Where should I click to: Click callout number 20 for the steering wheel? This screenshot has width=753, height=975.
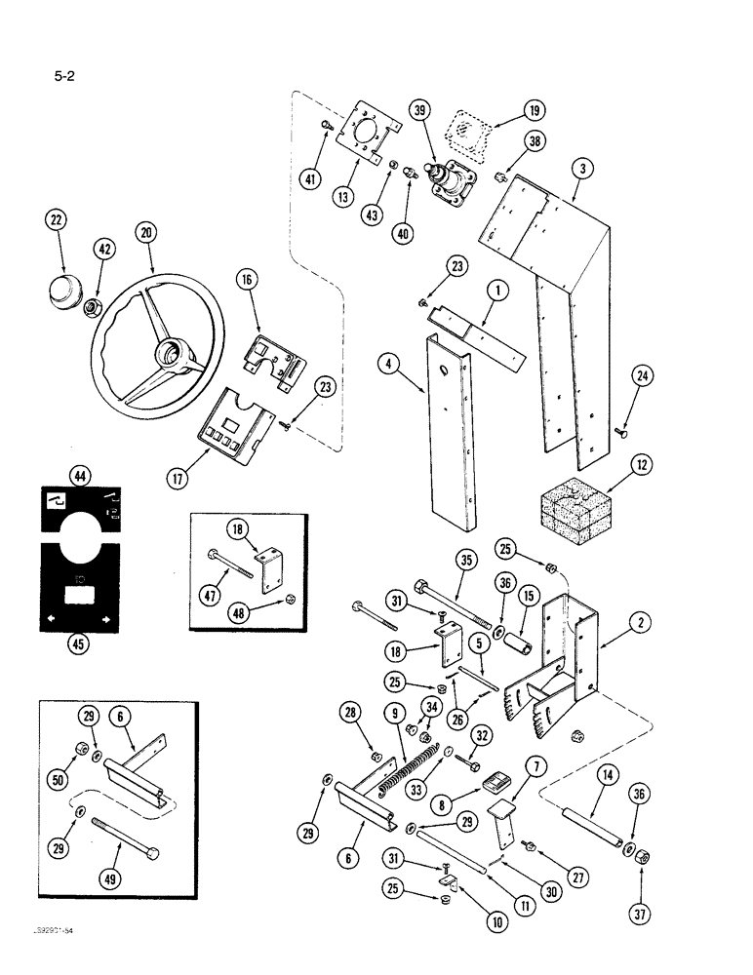click(146, 233)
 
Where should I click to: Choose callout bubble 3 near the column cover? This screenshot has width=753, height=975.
click(581, 168)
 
